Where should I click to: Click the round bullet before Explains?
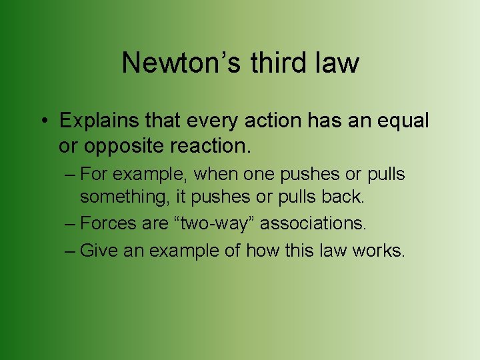(43, 122)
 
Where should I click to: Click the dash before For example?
(71, 175)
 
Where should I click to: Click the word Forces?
(108, 224)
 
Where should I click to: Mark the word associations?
(313, 224)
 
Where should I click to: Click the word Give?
(96, 251)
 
